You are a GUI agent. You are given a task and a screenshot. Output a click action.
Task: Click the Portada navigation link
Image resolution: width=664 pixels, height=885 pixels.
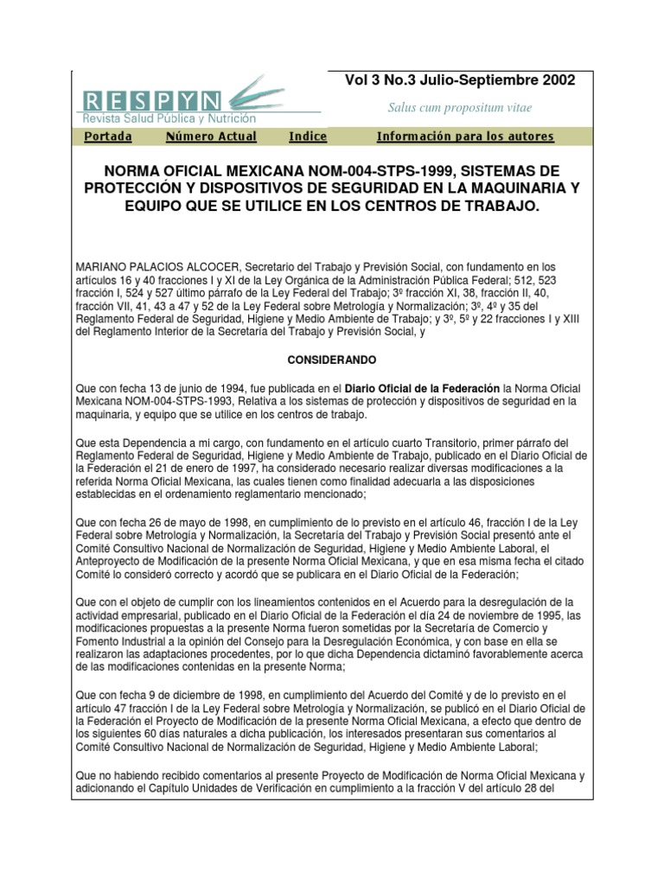tap(108, 137)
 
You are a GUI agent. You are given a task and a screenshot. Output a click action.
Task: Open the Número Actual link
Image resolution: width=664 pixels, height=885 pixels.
tap(211, 137)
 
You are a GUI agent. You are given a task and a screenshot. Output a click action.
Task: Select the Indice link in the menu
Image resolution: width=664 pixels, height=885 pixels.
tap(308, 137)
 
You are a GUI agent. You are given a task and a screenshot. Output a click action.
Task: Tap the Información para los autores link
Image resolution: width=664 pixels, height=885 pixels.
tap(465, 137)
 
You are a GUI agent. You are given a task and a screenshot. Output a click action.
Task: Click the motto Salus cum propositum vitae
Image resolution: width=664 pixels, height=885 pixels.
tap(459, 108)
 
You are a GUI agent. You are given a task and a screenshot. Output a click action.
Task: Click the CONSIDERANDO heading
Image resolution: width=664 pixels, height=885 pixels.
tap(332, 358)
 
